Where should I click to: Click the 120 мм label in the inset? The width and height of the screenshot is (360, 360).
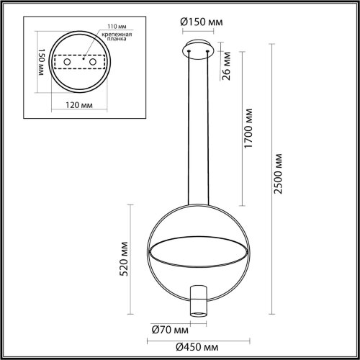(66, 105)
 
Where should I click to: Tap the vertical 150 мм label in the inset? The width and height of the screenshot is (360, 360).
(30, 63)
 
